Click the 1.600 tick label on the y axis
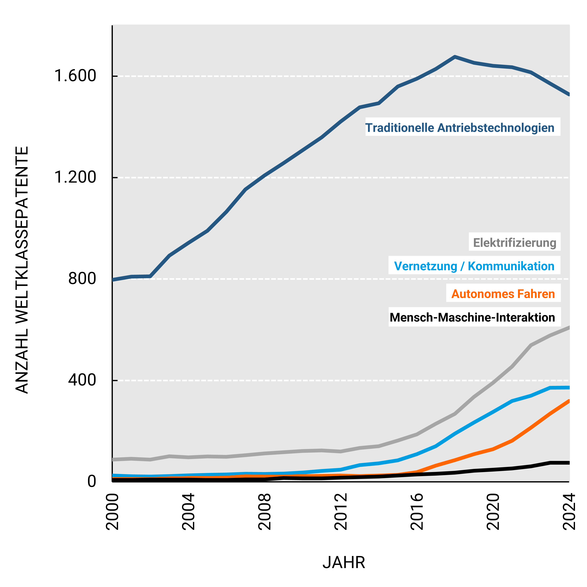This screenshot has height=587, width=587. (75, 76)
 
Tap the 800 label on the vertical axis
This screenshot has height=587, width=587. (82, 279)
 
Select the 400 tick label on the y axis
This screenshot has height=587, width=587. (82, 380)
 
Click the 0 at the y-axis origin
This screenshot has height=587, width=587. (92, 482)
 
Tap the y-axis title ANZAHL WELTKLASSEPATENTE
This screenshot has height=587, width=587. (22, 270)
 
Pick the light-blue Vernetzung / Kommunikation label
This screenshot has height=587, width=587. (474, 266)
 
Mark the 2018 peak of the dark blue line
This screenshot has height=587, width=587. (455, 57)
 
